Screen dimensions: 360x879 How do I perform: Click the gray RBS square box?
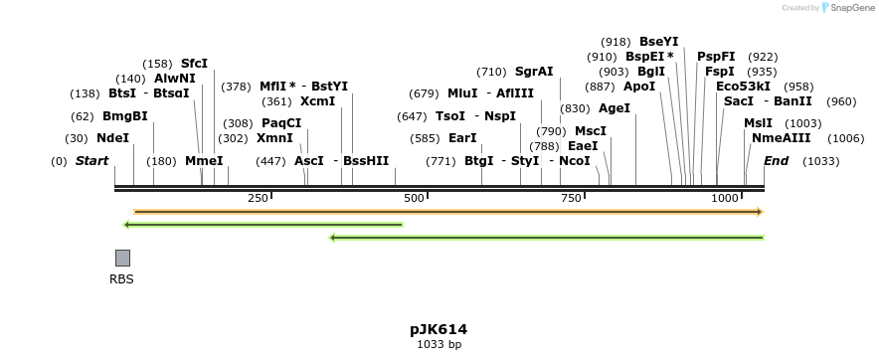(122, 258)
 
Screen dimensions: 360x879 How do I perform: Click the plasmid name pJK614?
(439, 329)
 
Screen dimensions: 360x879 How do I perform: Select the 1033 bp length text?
(439, 345)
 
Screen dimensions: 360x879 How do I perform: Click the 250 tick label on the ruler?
(258, 199)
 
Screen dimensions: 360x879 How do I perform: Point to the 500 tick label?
(414, 199)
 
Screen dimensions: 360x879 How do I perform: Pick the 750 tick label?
(571, 199)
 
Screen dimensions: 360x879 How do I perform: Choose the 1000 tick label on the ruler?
(725, 199)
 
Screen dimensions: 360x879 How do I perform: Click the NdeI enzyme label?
(112, 138)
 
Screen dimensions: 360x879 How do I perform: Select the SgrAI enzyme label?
(534, 72)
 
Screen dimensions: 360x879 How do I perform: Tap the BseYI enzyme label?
(658, 42)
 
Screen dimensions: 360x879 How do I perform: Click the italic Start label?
(91, 161)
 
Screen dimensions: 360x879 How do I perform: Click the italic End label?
(776, 161)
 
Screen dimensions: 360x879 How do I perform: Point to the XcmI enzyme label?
(317, 101)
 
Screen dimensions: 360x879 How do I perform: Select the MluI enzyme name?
(462, 93)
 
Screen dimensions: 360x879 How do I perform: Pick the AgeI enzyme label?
(615, 108)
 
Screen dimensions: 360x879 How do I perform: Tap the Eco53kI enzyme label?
(743, 87)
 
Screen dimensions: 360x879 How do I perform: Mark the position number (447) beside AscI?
(270, 161)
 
